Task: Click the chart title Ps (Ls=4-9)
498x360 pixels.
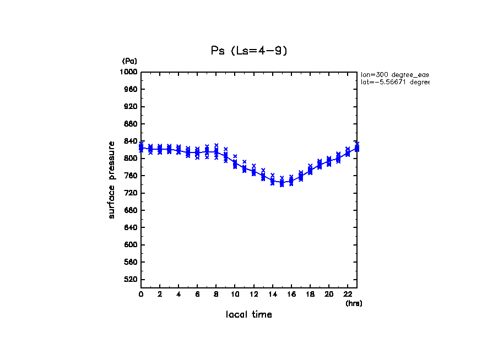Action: (x=249, y=51)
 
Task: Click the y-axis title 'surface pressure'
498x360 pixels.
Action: (x=112, y=179)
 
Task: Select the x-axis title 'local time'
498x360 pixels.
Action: (x=248, y=315)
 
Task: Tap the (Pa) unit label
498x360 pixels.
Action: (x=129, y=61)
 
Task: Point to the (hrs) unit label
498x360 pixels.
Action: (x=354, y=303)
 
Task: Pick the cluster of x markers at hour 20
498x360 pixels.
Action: (x=329, y=161)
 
